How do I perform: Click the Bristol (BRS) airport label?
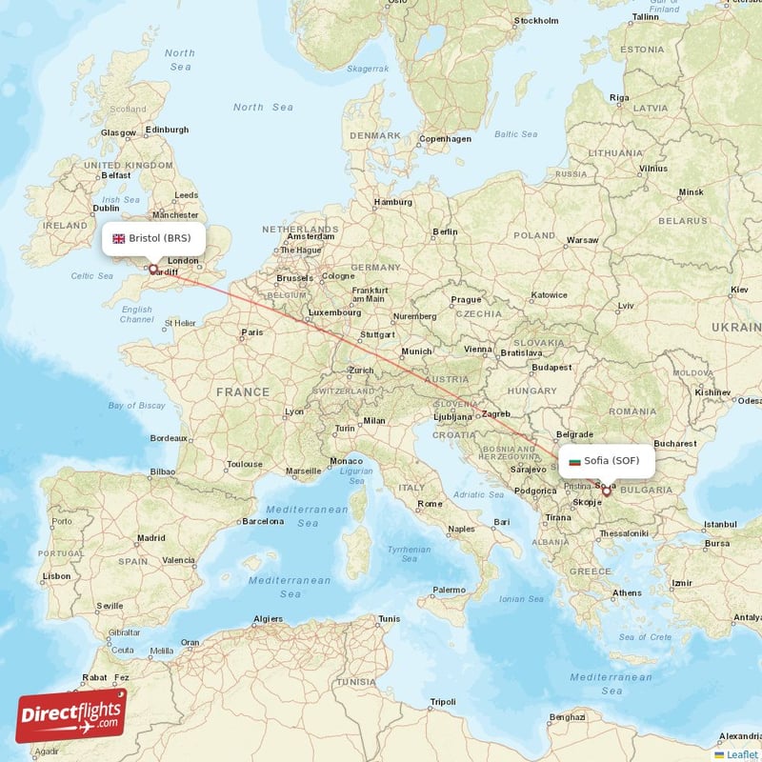[x=159, y=238]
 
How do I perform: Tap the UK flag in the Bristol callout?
[x=119, y=238]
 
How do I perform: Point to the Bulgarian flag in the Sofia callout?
[x=573, y=461]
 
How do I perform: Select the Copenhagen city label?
[x=445, y=138]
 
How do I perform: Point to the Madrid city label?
[x=150, y=537]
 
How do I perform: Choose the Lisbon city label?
[x=56, y=576]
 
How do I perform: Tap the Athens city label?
[x=627, y=592]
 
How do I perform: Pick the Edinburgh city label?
[x=167, y=130]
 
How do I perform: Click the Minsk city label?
[x=691, y=192]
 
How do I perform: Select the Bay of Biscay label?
[x=137, y=406]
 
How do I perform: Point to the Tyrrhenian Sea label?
[x=409, y=554]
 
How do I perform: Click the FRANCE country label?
[x=242, y=391]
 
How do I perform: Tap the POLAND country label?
[x=533, y=235]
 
